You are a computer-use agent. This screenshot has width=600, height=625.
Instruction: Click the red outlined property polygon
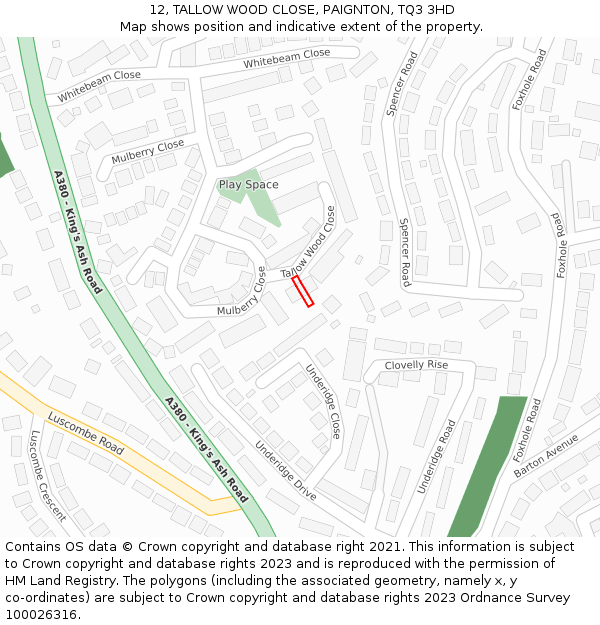[x=302, y=292]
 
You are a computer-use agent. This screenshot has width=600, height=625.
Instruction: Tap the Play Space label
[x=248, y=185]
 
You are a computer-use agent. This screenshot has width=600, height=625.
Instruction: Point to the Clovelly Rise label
[x=416, y=365]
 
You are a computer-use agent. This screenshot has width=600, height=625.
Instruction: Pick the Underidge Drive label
[x=285, y=471]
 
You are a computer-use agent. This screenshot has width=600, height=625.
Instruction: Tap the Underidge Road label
[x=436, y=457]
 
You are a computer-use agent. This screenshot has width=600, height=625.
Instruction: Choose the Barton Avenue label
[x=546, y=455]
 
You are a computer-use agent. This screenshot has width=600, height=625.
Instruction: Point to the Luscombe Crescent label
[x=47, y=476]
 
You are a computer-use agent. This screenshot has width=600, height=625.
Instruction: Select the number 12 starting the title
[x=153, y=10]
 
